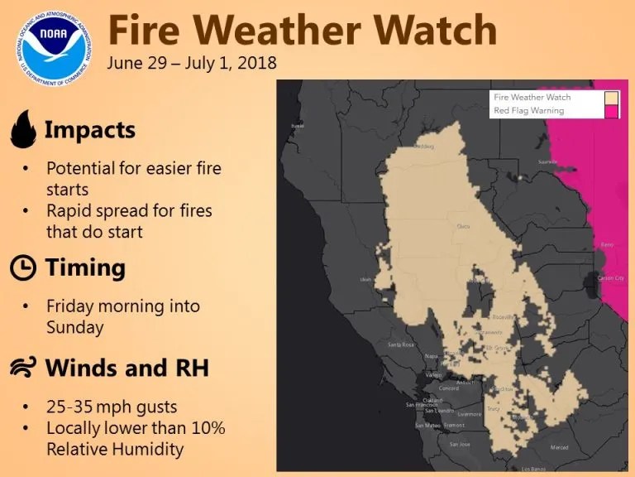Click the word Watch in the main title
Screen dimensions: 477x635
point(433,31)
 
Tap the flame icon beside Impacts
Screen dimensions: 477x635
point(23,130)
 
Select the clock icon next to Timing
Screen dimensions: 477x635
point(23,267)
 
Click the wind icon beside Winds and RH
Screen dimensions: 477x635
point(23,367)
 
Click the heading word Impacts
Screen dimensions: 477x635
point(89,130)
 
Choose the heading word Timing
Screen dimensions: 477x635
point(85,267)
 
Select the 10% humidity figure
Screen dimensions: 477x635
point(208,428)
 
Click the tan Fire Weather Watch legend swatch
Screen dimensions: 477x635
point(611,98)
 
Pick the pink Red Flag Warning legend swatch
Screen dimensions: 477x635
point(611,111)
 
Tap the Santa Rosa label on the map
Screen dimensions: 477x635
point(401,344)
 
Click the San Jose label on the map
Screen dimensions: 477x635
point(459,444)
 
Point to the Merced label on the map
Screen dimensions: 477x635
point(560,448)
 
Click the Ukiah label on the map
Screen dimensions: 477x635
point(365,280)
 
